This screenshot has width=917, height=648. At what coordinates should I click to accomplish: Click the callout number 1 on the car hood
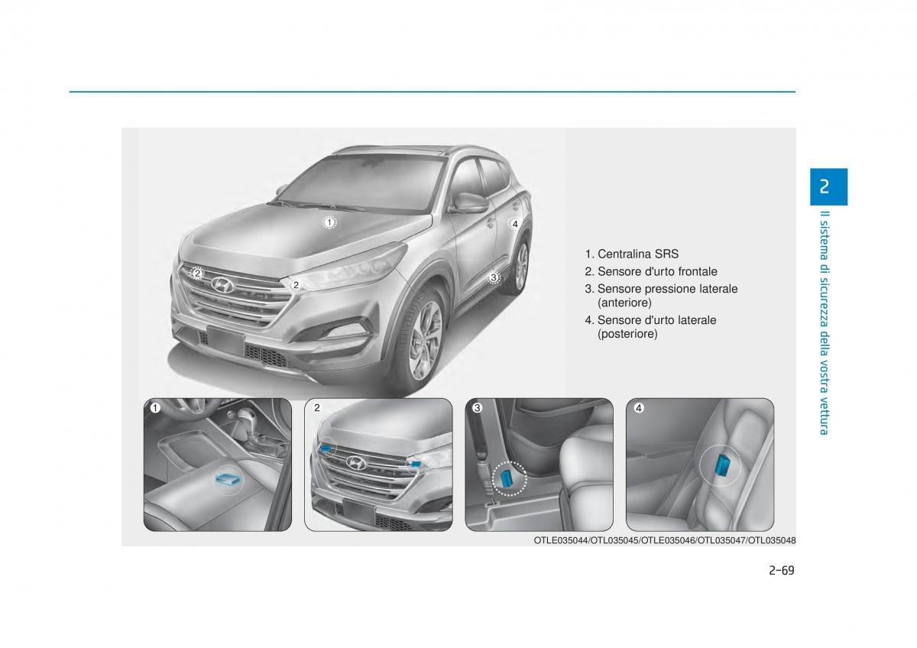coord(329,222)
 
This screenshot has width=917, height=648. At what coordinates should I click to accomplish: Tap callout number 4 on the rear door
coord(515,224)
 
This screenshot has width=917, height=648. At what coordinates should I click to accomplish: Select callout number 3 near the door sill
coord(494,277)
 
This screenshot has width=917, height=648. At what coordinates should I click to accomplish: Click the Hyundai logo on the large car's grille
coord(222,285)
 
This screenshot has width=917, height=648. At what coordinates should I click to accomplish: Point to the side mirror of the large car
coord(471,202)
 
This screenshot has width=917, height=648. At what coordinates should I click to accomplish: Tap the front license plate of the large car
coord(225,341)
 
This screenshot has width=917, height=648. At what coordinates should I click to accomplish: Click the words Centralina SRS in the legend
coord(638,254)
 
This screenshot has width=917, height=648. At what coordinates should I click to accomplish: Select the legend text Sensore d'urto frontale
coord(657,271)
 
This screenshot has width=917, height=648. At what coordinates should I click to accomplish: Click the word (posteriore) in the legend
coord(627,334)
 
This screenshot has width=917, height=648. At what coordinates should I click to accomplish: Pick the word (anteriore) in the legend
coord(625,303)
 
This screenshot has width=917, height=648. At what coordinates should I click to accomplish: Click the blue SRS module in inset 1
coord(228,478)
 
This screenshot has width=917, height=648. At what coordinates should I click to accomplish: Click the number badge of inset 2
coord(317,408)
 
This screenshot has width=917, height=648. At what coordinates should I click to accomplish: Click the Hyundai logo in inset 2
coord(356,462)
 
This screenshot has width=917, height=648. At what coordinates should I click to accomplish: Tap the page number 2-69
coord(782,571)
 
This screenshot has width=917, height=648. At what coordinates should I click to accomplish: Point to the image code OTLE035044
coord(560,541)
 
